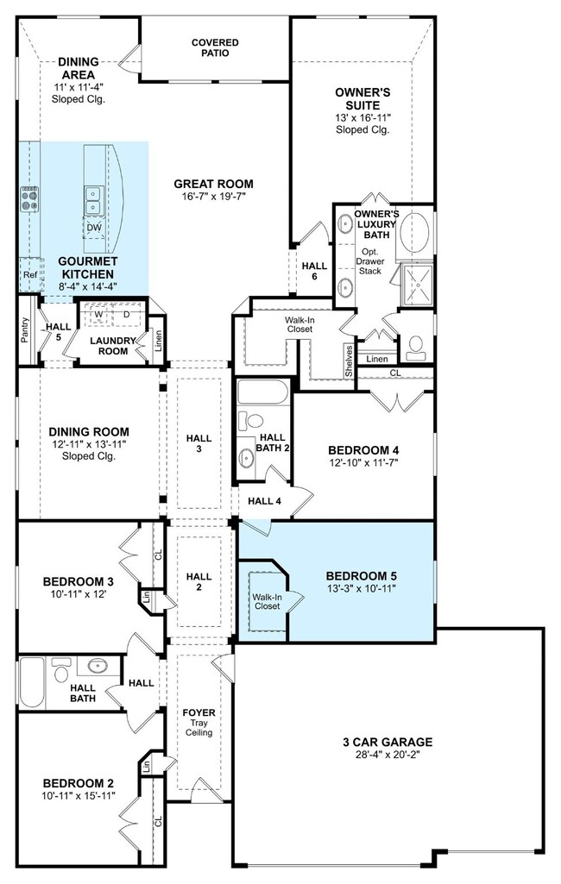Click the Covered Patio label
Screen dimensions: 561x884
[215, 47]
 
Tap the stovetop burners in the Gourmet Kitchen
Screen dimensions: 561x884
[30, 199]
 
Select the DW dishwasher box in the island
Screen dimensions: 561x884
[94, 228]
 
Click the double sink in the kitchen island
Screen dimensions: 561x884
[92, 201]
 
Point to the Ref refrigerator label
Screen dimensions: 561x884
[30, 274]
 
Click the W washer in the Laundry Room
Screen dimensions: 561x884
[98, 314]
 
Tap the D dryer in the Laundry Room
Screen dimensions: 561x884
[126, 314]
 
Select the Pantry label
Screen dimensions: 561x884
[24, 329]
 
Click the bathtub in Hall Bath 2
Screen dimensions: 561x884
[263, 392]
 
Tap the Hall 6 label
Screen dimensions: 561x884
[314, 271]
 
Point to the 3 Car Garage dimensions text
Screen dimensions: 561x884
[388, 755]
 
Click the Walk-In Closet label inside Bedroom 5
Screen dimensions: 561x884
[267, 601]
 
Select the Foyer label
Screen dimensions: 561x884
[199, 712]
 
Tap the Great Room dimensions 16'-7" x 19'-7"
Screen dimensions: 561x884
[213, 196]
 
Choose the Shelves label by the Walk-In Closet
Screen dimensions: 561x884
[349, 360]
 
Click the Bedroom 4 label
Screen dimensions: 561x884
[363, 450]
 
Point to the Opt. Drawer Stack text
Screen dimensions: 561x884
[369, 261]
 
